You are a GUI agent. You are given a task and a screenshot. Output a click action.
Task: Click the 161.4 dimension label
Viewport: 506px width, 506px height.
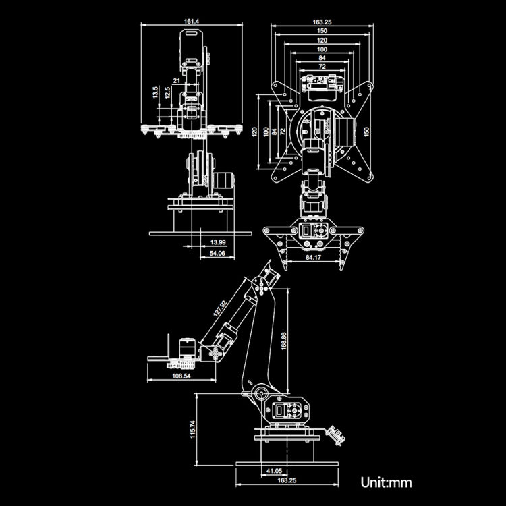191,22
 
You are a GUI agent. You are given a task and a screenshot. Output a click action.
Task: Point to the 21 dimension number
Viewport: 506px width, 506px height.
176,81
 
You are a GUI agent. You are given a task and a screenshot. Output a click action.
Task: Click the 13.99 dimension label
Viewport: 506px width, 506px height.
217,242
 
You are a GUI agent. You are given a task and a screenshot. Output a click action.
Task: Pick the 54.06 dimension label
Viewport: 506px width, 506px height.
217,253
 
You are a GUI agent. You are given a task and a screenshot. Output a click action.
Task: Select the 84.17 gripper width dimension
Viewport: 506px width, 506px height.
313,257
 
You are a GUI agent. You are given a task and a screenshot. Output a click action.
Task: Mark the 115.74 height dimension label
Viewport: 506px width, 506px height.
192,430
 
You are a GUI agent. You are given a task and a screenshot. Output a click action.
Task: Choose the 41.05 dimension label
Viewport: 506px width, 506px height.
273,471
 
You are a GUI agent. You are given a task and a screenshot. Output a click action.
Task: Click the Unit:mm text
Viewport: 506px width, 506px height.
386,482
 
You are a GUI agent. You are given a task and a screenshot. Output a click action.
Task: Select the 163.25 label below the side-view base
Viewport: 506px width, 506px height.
287,480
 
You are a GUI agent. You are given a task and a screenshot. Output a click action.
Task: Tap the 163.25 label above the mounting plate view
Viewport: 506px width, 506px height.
322,22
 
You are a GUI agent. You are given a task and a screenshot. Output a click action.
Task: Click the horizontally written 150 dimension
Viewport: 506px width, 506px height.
322,31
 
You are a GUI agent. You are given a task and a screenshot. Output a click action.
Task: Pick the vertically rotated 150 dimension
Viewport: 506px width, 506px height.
366,130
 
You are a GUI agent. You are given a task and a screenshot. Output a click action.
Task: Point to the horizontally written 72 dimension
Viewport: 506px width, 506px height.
322,68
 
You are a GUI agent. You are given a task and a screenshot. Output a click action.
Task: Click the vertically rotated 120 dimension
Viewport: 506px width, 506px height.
256,131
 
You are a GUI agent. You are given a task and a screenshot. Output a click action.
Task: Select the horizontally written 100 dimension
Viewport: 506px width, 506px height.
322,50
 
